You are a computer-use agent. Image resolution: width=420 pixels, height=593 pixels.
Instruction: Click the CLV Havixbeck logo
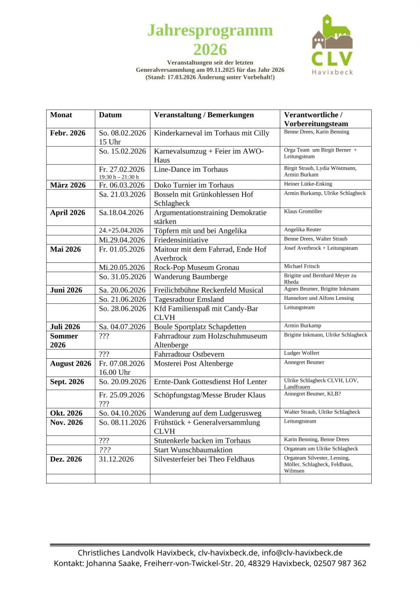point(332,44)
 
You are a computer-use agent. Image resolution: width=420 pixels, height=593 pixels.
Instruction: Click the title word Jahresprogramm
point(210,30)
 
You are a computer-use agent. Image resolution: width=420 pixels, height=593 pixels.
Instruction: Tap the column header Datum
point(110,115)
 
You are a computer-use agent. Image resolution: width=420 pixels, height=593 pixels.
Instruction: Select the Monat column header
point(61,115)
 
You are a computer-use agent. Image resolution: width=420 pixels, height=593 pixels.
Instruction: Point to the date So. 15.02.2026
point(122,151)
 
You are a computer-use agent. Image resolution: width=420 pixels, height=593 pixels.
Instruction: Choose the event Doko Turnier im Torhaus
point(194,185)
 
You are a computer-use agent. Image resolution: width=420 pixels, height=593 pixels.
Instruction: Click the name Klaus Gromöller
point(303,211)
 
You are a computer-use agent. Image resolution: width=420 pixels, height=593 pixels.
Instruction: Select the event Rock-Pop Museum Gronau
point(197,268)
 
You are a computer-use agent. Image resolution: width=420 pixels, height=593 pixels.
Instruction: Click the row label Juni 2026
point(66,290)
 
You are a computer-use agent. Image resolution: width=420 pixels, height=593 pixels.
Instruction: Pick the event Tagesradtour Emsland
point(189,299)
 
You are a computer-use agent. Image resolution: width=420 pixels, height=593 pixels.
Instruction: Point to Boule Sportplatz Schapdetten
point(200,327)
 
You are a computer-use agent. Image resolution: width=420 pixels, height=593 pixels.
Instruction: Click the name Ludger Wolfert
point(302,353)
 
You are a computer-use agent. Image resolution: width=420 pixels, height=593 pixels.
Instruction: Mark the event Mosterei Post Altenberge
point(193,364)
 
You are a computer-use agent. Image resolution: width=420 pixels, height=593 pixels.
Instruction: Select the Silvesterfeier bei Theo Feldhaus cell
point(204,459)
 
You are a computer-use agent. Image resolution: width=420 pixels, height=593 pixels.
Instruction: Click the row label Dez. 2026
point(66,459)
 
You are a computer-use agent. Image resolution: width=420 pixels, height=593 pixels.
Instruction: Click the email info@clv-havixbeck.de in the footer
point(302,553)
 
